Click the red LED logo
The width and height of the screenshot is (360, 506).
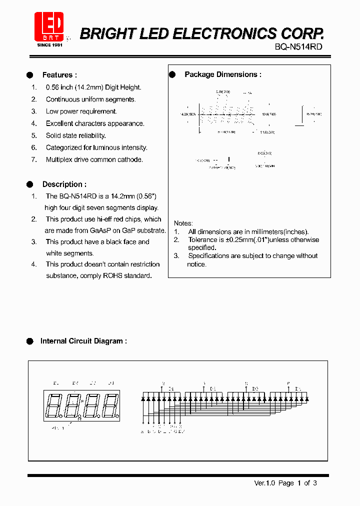pyautogui.click(x=48, y=25)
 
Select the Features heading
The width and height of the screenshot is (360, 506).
pyautogui.click(x=59, y=75)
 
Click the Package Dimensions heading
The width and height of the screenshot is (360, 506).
pyautogui.click(x=223, y=74)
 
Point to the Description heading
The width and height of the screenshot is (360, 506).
pyautogui.click(x=64, y=184)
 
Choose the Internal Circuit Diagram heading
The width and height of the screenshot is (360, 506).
pyautogui.click(x=83, y=341)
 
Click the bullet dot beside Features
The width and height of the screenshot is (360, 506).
pyautogui.click(x=30, y=75)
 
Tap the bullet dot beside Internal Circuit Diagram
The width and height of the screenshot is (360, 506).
pyautogui.click(x=30, y=341)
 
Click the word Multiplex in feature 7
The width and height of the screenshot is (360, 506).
pyautogui.click(x=59, y=159)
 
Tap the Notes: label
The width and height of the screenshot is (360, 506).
pyautogui.click(x=183, y=223)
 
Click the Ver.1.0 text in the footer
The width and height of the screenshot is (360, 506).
pyautogui.click(x=263, y=483)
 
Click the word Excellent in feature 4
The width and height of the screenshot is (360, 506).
pyautogui.click(x=61, y=123)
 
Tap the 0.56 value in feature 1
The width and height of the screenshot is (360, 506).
pyautogui.click(x=52, y=87)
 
